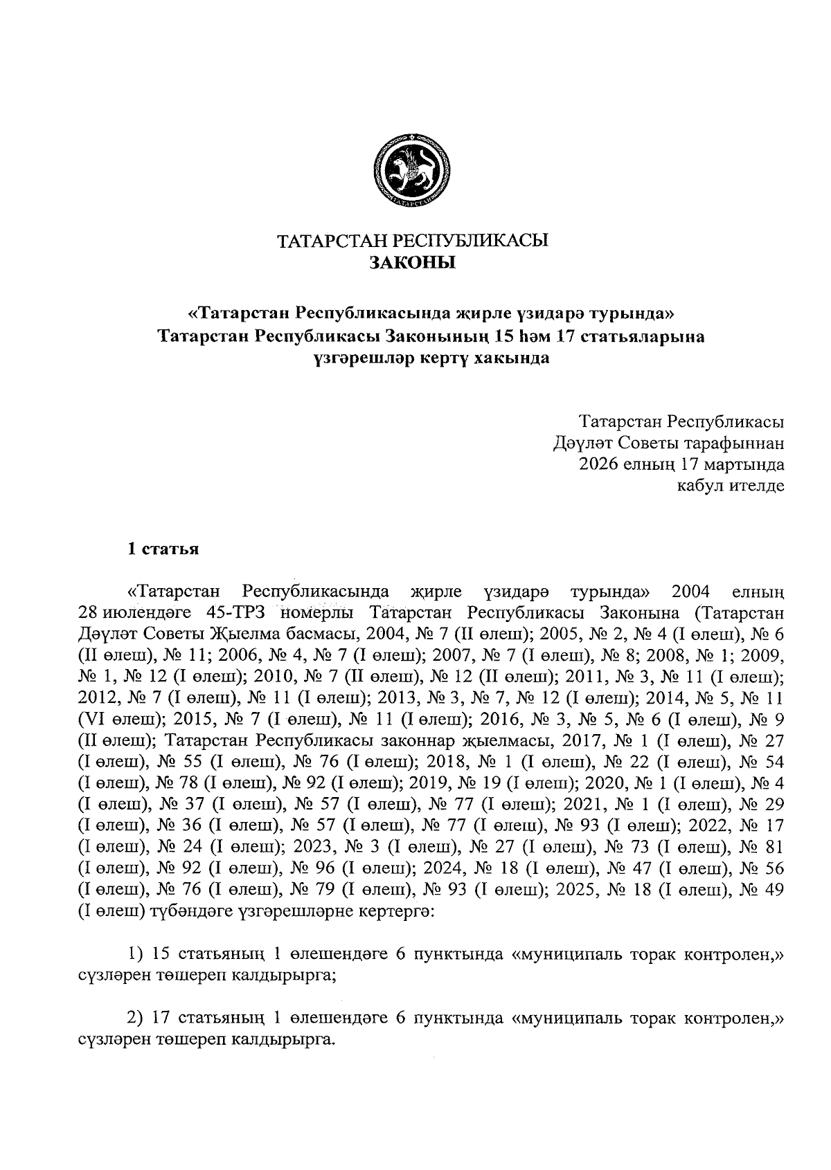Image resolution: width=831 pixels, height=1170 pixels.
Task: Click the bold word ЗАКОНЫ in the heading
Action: [413, 263]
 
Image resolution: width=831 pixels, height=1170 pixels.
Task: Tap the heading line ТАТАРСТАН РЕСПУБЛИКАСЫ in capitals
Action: [413, 241]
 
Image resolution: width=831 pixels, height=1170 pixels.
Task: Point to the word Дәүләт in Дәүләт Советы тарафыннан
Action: [576, 442]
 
